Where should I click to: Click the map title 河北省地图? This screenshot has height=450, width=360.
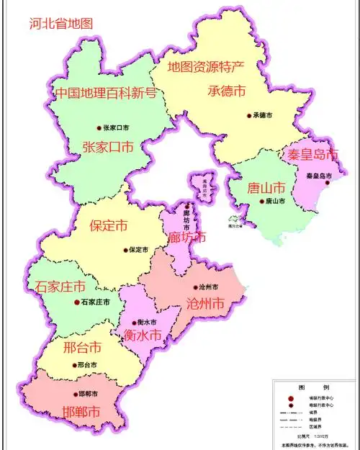(61, 23)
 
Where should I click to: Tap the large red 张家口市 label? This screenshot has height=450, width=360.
(108, 147)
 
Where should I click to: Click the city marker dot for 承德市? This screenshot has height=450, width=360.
(249, 115)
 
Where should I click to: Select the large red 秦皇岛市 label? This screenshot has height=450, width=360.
(312, 155)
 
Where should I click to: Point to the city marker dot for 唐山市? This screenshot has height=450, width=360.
(261, 202)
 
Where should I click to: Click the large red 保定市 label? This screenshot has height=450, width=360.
(108, 225)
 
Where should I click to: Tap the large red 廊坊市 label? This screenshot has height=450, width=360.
(186, 237)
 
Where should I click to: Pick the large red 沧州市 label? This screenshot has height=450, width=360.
(205, 302)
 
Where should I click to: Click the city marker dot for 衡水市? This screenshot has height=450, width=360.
(139, 322)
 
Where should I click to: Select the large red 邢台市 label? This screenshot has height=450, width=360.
(82, 348)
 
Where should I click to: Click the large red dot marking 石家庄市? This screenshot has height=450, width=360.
(78, 302)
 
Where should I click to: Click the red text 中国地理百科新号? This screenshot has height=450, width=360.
(106, 92)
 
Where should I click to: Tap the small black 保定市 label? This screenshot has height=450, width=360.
(138, 250)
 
